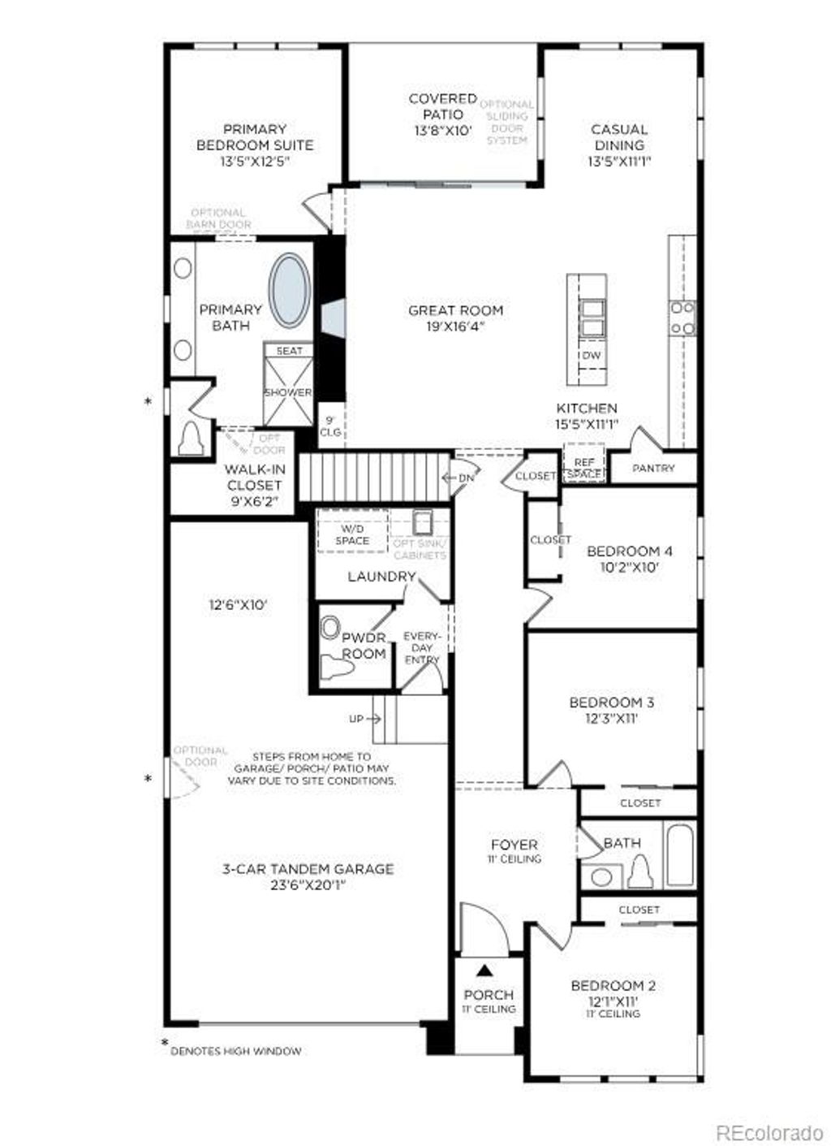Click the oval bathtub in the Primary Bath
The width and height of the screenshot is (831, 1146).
pyautogui.click(x=289, y=291)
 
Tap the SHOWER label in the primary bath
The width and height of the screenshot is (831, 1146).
pyautogui.click(x=288, y=392)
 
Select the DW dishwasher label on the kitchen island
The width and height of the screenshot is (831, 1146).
pyautogui.click(x=591, y=356)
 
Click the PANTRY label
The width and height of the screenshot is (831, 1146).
pyautogui.click(x=653, y=468)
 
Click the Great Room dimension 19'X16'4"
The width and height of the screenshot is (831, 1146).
pyautogui.click(x=455, y=327)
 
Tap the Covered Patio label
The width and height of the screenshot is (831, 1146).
pyautogui.click(x=442, y=106)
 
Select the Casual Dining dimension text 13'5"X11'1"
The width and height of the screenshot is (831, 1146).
pyautogui.click(x=619, y=161)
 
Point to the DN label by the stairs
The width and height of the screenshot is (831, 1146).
pyautogui.click(x=466, y=478)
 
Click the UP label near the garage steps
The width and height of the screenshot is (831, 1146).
pyautogui.click(x=357, y=719)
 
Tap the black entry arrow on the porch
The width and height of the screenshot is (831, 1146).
pyautogui.click(x=485, y=969)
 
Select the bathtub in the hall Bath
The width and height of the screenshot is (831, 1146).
pyautogui.click(x=679, y=856)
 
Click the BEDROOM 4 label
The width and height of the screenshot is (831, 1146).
pyautogui.click(x=629, y=551)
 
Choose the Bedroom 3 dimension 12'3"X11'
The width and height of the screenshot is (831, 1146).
pyautogui.click(x=611, y=718)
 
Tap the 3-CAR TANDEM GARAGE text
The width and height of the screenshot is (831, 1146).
pyautogui.click(x=308, y=869)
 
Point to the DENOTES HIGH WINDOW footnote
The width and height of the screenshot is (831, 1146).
pyautogui.click(x=235, y=1051)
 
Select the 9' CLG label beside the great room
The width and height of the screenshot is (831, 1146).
pyautogui.click(x=330, y=426)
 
